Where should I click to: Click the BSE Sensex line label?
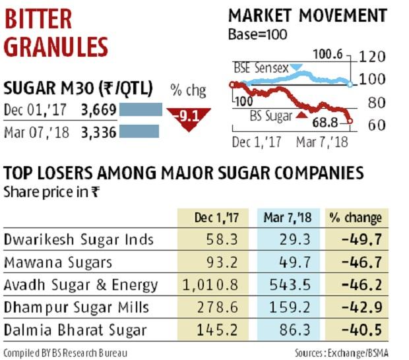click(x=260, y=67)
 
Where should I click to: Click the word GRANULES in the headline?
click(x=55, y=47)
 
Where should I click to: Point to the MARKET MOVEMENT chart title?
click(x=307, y=16)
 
